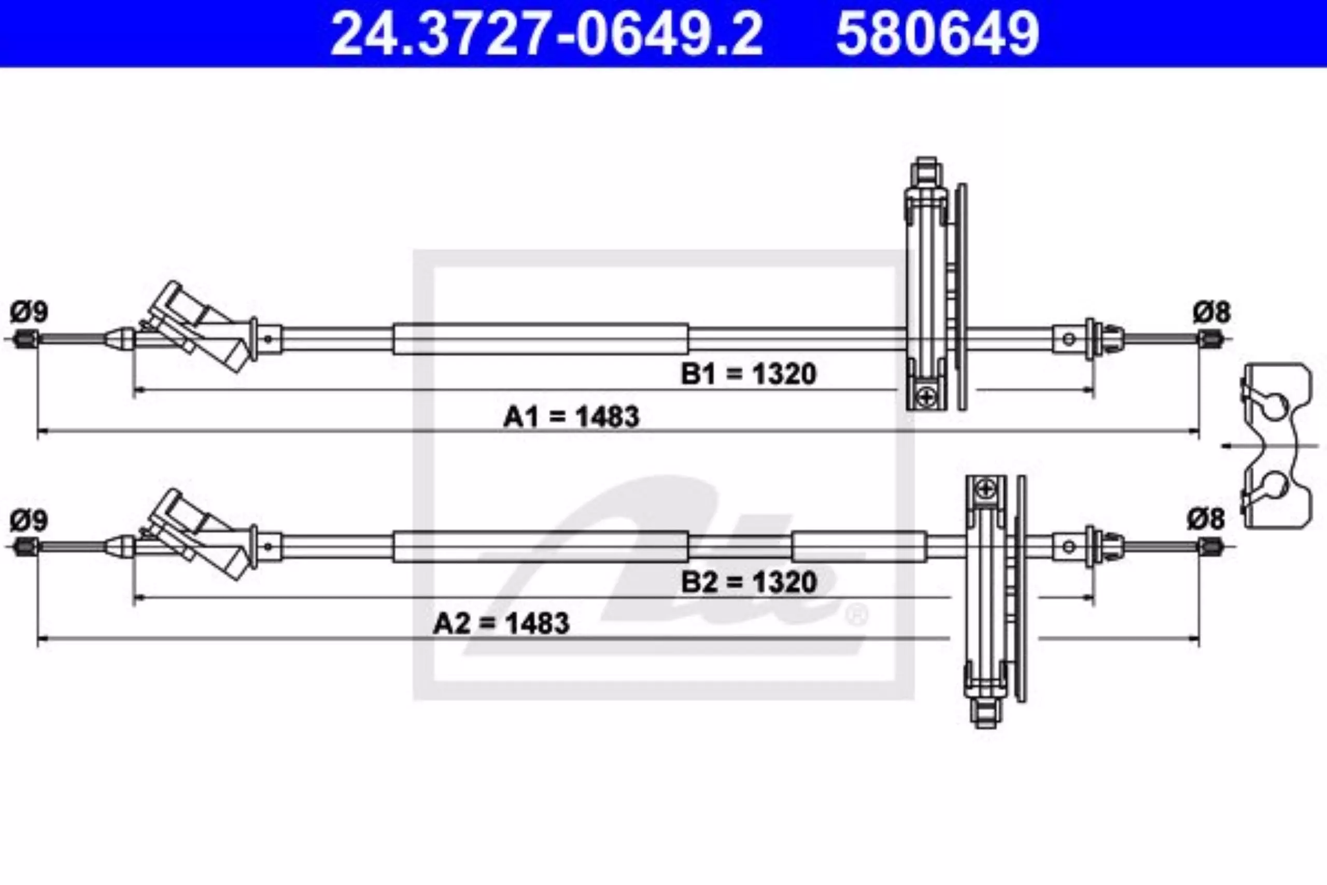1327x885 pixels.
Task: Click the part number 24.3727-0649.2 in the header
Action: click(x=547, y=33)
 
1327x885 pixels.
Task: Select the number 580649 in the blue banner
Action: click(x=938, y=33)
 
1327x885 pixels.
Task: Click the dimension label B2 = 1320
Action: click(x=749, y=582)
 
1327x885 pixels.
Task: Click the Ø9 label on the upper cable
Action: click(x=29, y=312)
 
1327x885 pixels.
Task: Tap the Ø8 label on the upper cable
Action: click(x=1212, y=312)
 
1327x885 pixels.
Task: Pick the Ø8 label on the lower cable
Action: click(x=1206, y=519)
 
